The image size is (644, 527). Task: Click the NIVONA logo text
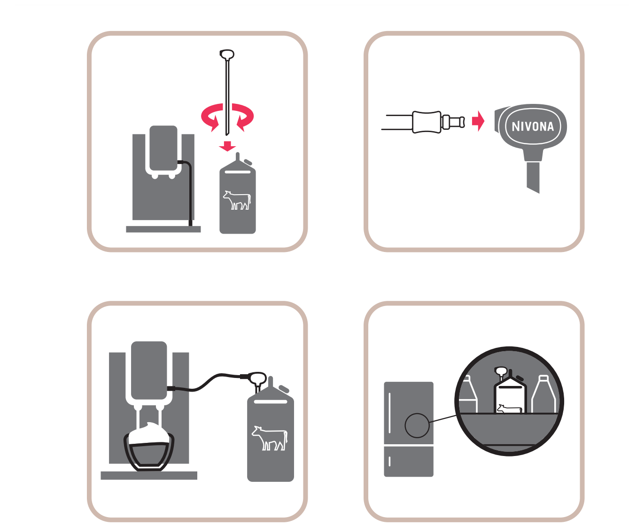(x=533, y=126)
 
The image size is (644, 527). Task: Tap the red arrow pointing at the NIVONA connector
(x=478, y=121)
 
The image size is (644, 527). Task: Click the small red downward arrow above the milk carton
(x=227, y=146)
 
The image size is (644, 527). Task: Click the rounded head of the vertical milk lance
(x=227, y=55)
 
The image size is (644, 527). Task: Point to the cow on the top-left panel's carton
(x=237, y=200)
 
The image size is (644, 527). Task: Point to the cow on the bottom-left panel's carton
(x=269, y=438)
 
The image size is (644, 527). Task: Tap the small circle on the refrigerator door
(x=417, y=425)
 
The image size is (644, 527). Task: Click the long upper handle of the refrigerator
(x=389, y=412)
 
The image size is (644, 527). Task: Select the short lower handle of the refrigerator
(x=389, y=461)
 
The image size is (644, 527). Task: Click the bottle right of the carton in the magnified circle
(x=543, y=394)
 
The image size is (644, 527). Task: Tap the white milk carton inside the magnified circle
(x=510, y=395)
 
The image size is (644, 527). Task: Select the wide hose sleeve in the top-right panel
(x=426, y=122)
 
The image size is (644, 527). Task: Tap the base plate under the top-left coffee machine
(x=163, y=229)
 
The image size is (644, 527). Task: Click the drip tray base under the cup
(x=149, y=475)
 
